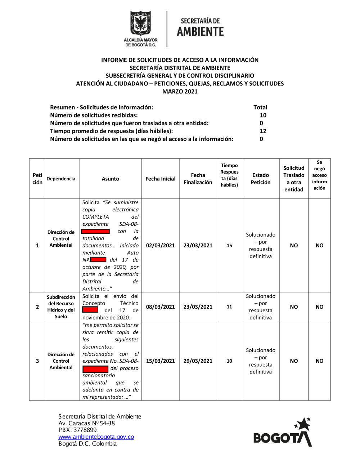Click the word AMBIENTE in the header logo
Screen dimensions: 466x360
(200, 32)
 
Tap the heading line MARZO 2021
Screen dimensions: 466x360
(180, 91)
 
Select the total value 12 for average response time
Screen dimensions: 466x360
(263, 131)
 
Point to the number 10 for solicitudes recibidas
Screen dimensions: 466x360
(263, 115)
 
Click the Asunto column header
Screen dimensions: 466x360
(111, 179)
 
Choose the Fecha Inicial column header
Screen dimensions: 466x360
(161, 179)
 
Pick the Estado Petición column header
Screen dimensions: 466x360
(261, 179)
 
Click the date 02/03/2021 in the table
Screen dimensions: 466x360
(161, 245)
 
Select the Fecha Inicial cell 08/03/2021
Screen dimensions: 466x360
(161, 307)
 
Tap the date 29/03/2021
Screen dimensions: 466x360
(198, 361)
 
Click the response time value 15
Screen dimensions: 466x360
(229, 245)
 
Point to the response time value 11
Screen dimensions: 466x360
(229, 307)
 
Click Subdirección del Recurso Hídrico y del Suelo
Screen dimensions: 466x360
(61, 307)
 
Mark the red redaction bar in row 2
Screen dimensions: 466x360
(90, 310)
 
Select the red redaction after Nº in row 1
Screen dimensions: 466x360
(98, 259)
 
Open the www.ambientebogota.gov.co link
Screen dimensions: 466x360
(96, 437)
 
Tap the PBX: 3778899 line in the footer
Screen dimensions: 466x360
(78, 430)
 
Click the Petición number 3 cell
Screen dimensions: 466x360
(37, 361)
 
